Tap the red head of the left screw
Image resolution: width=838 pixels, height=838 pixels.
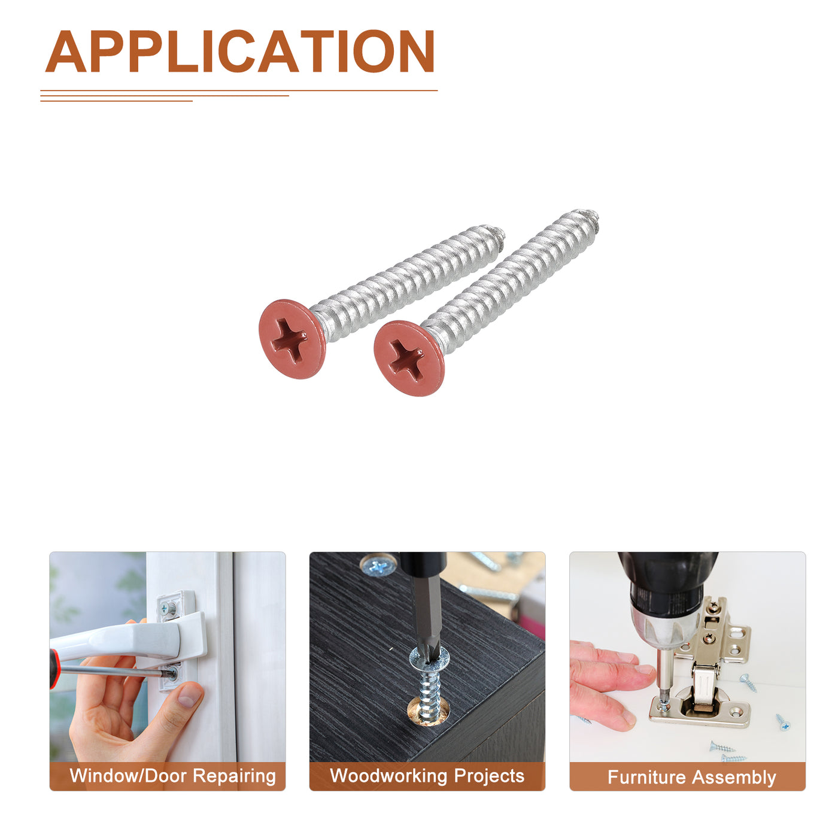point(292,339)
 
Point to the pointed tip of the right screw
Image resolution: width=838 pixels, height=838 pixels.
point(596,216)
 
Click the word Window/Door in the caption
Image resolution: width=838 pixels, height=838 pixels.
point(128,776)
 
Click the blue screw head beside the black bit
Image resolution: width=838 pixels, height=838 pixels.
point(378,566)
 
